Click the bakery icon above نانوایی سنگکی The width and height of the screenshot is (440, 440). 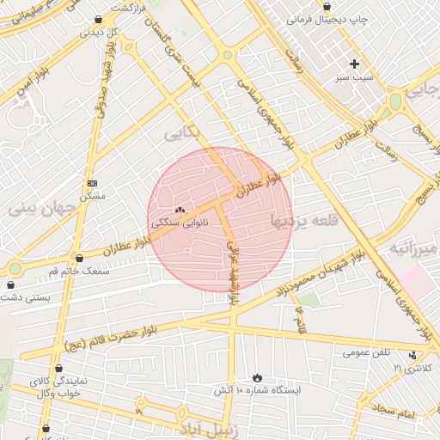pos(180,211)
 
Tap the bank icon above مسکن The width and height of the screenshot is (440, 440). pos(93,183)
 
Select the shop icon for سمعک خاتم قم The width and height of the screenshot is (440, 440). pos(80,258)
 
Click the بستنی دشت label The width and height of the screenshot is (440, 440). pos(25,297)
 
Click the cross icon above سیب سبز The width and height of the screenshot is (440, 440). pos(354,64)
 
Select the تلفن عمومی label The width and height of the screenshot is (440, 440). pos(366,352)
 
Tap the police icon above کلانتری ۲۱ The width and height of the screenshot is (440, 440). pos(414,355)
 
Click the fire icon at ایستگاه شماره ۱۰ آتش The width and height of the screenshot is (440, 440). pos(257,377)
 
